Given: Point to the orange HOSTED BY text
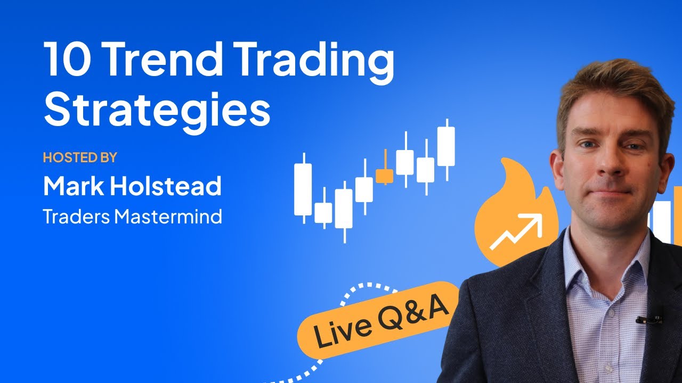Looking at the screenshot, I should pyautogui.click(x=79, y=157).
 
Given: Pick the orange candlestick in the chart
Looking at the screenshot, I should pyautogui.click(x=384, y=176).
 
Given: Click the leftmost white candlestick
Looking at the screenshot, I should pyautogui.click(x=303, y=189).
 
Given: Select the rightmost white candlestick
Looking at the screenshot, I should pyautogui.click(x=446, y=146).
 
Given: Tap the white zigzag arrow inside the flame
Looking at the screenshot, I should pyautogui.click(x=515, y=231).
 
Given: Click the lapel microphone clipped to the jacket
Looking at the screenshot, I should pyautogui.click(x=649, y=320).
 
